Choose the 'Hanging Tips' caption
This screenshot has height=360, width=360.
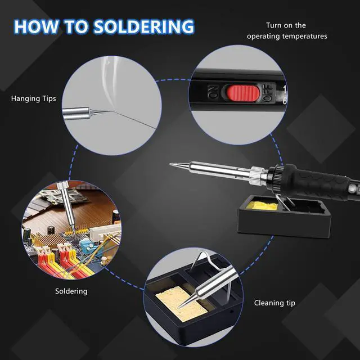coord(33,98)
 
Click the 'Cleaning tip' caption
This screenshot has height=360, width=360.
coord(274,303)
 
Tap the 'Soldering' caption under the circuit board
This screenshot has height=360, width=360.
coord(71,291)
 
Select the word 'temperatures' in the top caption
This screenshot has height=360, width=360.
coord(305,36)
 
